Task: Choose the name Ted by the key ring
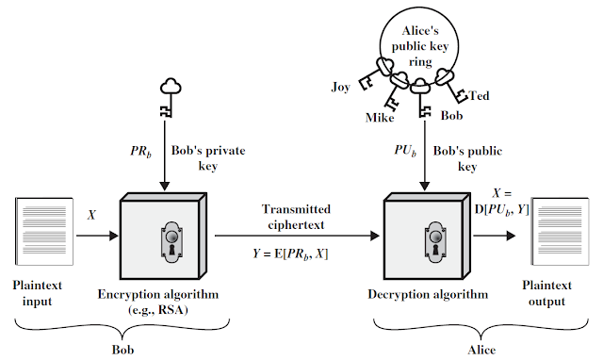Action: pyautogui.click(x=479, y=96)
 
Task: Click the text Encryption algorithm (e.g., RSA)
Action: pyautogui.click(x=165, y=300)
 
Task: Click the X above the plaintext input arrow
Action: pyautogui.click(x=92, y=214)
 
